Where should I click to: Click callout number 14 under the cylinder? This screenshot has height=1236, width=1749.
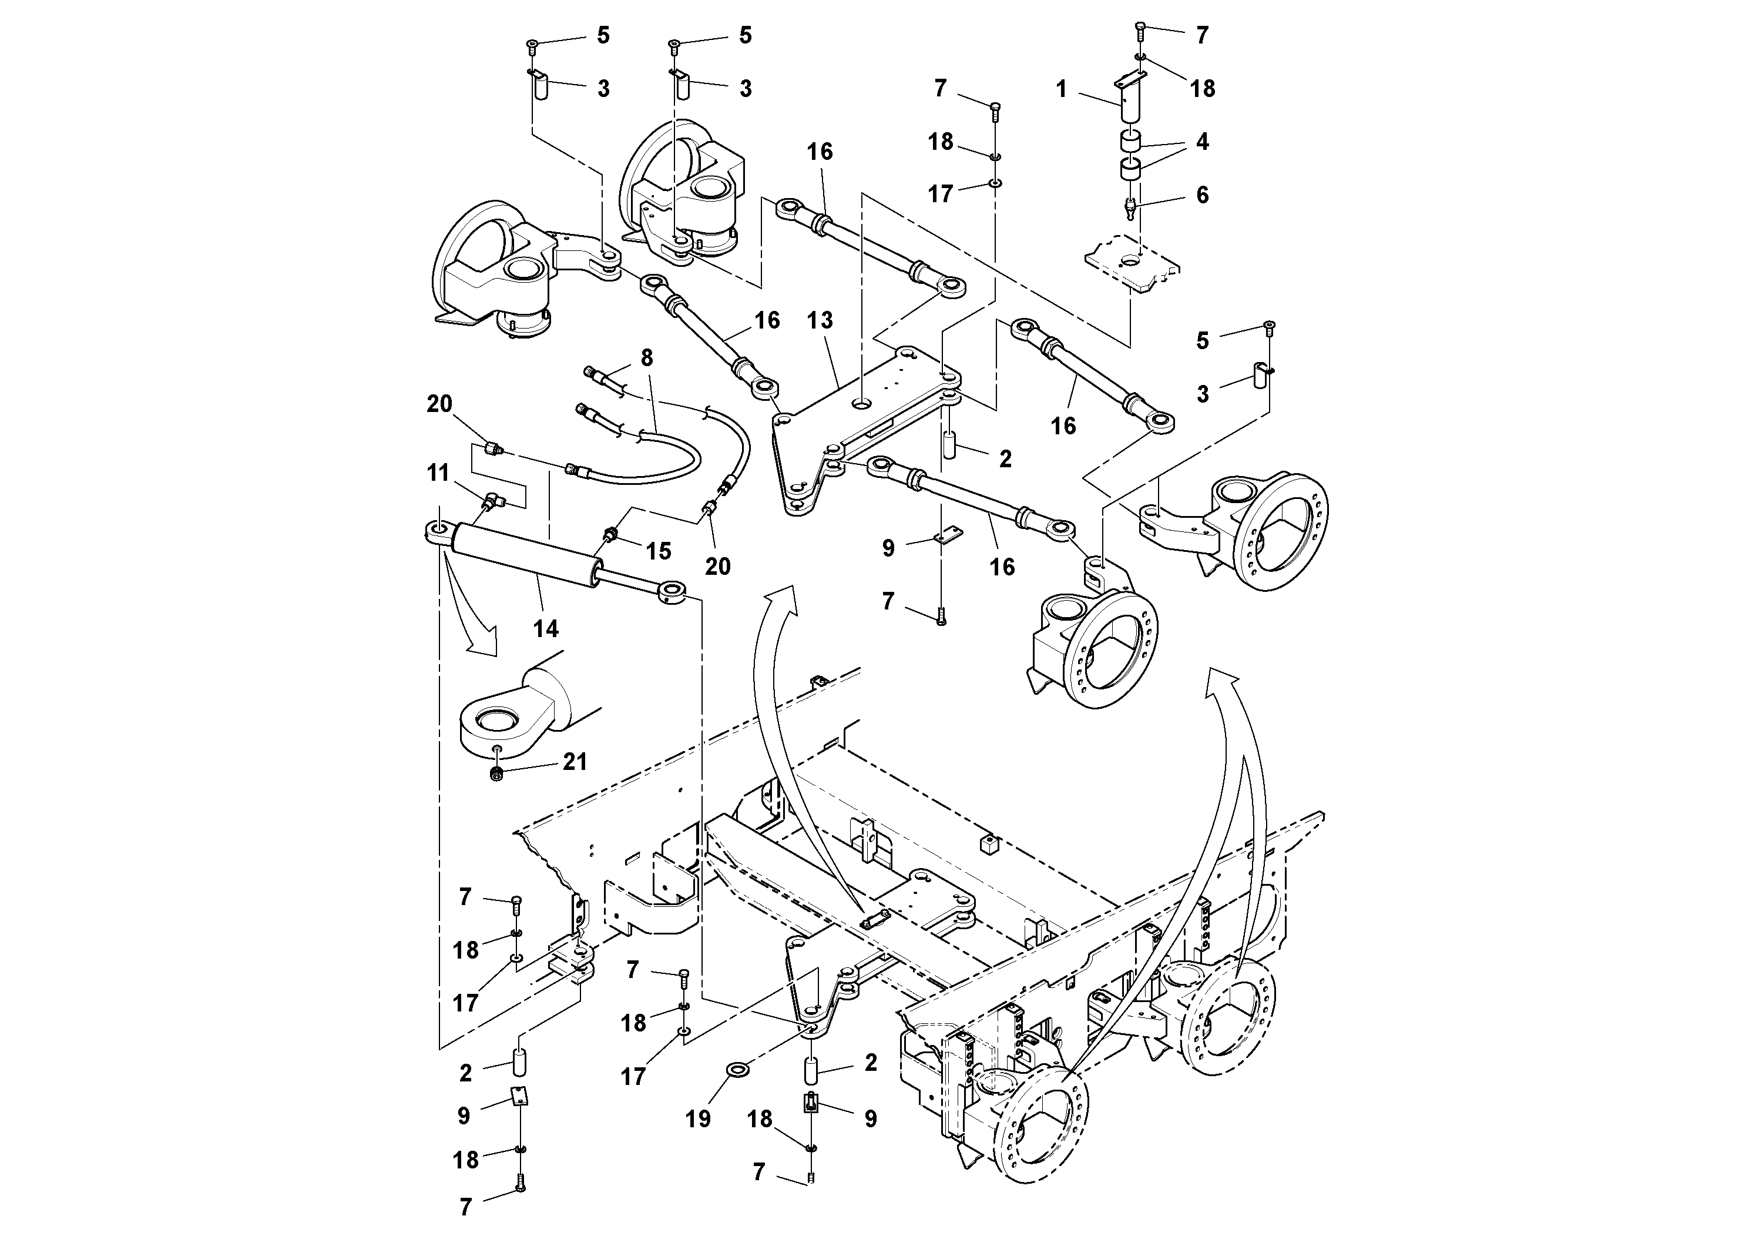pos(545,629)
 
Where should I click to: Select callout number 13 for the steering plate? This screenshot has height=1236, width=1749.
pos(820,320)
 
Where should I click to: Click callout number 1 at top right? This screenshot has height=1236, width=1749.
pos(1061,89)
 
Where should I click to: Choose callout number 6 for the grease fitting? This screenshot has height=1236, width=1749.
pos(1202,195)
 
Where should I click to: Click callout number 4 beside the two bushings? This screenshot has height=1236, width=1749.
pos(1202,142)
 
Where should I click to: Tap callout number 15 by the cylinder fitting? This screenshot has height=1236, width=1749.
pos(658,551)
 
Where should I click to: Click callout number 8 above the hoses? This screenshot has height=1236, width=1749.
pos(647,357)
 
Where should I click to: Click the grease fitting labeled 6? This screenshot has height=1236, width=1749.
pos(1131,206)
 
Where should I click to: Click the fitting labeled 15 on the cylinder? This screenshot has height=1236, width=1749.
pos(610,534)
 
